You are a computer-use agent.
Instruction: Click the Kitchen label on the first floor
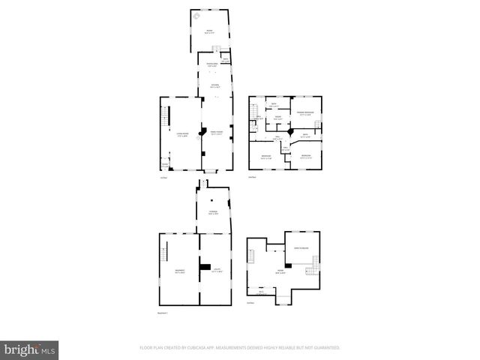[x=214, y=85]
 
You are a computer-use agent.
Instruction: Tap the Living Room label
[x=181, y=135]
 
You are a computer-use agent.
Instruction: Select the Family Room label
[x=215, y=134]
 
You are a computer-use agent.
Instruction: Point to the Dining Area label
[x=212, y=64]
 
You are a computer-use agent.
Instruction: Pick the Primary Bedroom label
[x=304, y=112]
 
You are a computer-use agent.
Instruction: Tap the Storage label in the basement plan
[x=214, y=214]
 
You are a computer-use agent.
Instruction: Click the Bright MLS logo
[x=30, y=349]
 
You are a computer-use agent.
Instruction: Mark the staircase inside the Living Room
[x=164, y=116]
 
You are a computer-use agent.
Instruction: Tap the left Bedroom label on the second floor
[x=266, y=156]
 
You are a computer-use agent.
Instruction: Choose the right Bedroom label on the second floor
[x=305, y=156]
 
